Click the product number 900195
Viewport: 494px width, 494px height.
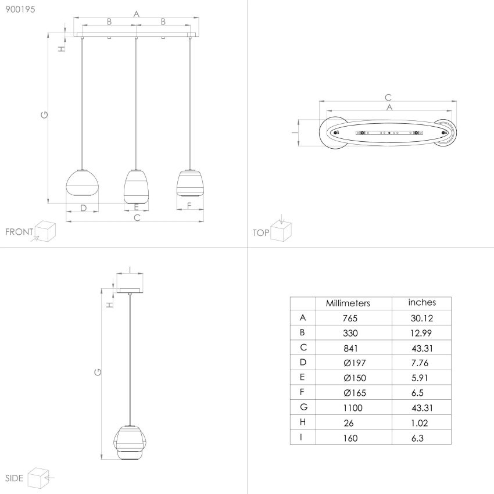pos(20,9)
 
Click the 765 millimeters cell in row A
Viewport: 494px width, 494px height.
pos(350,318)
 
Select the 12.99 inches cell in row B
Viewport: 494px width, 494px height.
pos(421,333)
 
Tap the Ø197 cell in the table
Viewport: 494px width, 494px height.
pos(355,363)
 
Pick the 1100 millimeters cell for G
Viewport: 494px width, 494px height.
pos(353,408)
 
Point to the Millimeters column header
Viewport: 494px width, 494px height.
pos(348,303)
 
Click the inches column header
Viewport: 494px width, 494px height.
pos(422,302)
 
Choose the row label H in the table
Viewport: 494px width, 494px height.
pos(303,422)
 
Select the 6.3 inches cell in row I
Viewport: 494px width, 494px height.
pos(417,438)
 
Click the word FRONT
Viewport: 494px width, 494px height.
pos(19,232)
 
